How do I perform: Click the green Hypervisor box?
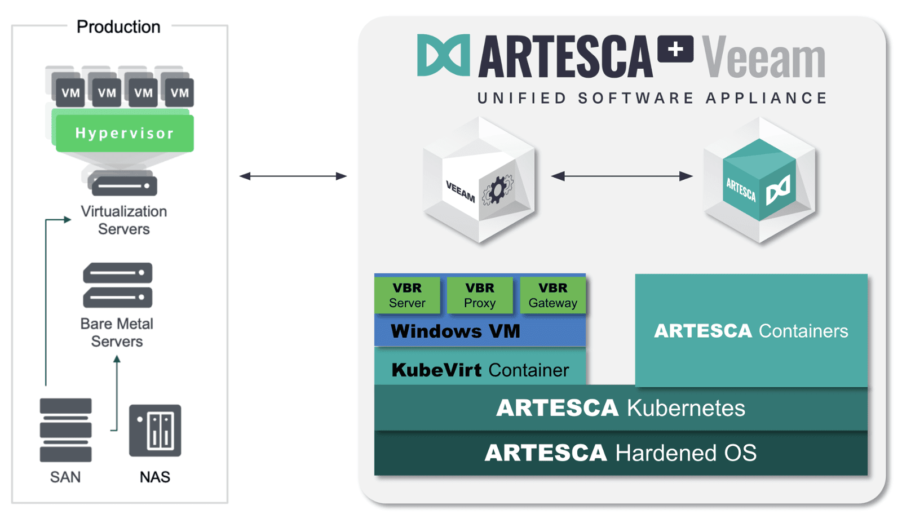124,133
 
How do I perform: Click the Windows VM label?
456,331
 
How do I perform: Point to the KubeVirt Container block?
480,370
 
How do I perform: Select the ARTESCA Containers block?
751,330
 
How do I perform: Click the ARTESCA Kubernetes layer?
620,408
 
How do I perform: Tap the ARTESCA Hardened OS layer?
620,453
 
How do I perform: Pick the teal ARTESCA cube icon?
759,180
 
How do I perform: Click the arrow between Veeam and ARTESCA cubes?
621,176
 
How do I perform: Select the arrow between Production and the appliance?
293,176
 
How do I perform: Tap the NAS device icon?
155,431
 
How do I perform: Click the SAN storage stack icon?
65,430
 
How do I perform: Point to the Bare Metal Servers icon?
117,285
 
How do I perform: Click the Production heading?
118,26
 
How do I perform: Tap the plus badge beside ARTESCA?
675,50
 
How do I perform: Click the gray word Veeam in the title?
763,57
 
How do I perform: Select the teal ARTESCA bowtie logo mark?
443,55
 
